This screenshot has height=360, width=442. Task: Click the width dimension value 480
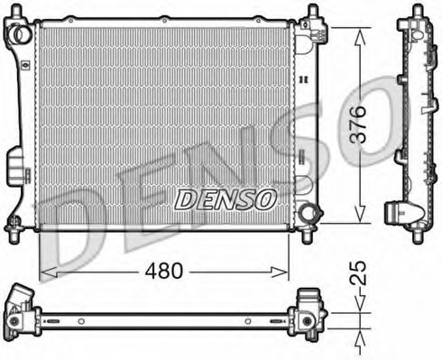pos(165,270)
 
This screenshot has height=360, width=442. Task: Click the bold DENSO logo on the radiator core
pos(226,199)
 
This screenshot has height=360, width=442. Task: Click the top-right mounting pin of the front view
pos(312,13)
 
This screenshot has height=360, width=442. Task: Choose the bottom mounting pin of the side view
pos(417,236)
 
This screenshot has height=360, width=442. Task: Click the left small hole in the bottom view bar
pos(80,320)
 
